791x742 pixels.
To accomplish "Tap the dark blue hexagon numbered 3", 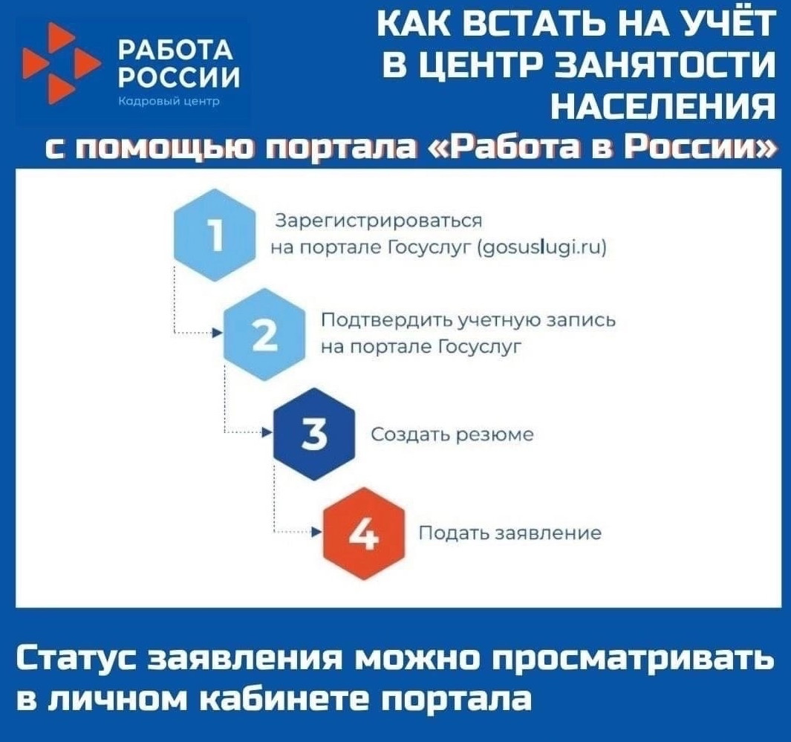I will click(x=315, y=435).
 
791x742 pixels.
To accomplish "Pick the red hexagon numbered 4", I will click(x=363, y=533).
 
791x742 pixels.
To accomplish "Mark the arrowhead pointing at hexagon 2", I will click(x=218, y=334).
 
